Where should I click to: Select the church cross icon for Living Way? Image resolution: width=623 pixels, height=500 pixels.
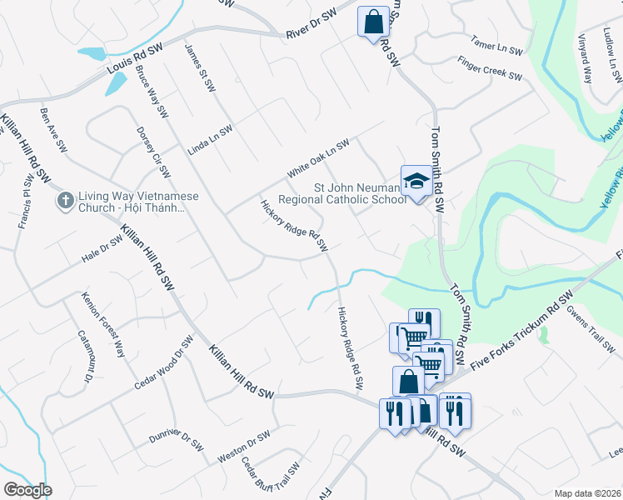(x=65, y=200)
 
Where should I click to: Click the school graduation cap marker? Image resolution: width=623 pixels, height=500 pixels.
(x=416, y=181)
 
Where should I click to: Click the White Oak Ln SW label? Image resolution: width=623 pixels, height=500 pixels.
(x=319, y=157)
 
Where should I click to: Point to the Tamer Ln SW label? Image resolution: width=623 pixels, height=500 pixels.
(x=497, y=43)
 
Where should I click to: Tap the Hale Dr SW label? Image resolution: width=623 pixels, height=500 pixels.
(x=102, y=247)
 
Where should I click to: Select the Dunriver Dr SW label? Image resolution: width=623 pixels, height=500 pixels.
(x=176, y=439)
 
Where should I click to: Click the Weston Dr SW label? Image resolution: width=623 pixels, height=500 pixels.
(x=243, y=447)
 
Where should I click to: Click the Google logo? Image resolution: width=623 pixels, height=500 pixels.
(x=27, y=490)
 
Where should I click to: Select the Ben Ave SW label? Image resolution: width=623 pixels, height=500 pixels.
(x=53, y=129)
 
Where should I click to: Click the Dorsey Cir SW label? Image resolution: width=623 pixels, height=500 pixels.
(x=153, y=147)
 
